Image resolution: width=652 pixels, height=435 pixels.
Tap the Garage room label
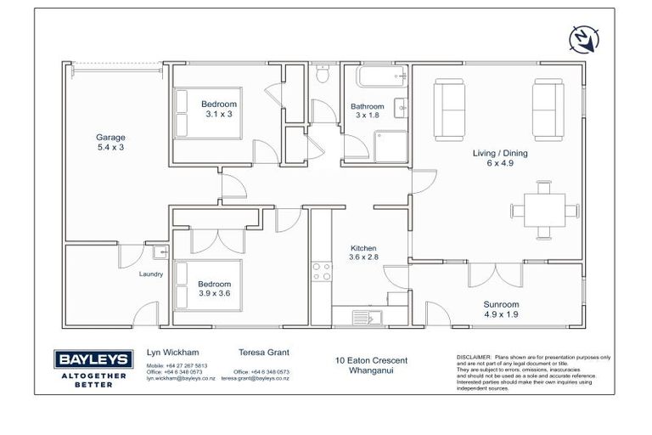point(110,137)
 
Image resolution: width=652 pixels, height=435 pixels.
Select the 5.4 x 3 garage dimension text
point(110,147)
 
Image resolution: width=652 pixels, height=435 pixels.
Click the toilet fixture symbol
point(321,76)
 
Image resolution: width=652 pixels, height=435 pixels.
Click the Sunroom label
point(501,303)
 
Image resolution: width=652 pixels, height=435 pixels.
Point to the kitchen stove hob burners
point(323,271)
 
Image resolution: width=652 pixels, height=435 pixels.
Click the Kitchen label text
point(363,248)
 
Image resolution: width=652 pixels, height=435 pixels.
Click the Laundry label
point(150,274)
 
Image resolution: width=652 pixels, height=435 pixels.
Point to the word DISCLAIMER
point(473,357)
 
